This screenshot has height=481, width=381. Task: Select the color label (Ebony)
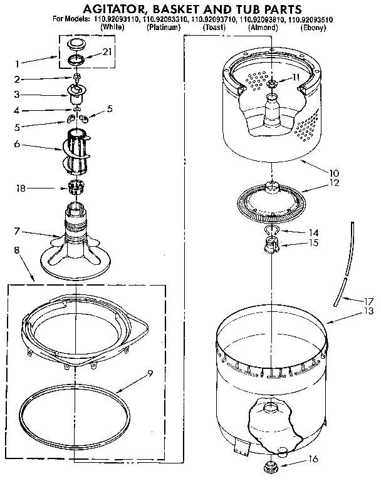(x=313, y=28)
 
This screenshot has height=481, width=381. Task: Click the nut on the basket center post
(x=273, y=84)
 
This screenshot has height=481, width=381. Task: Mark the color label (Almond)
(x=264, y=28)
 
